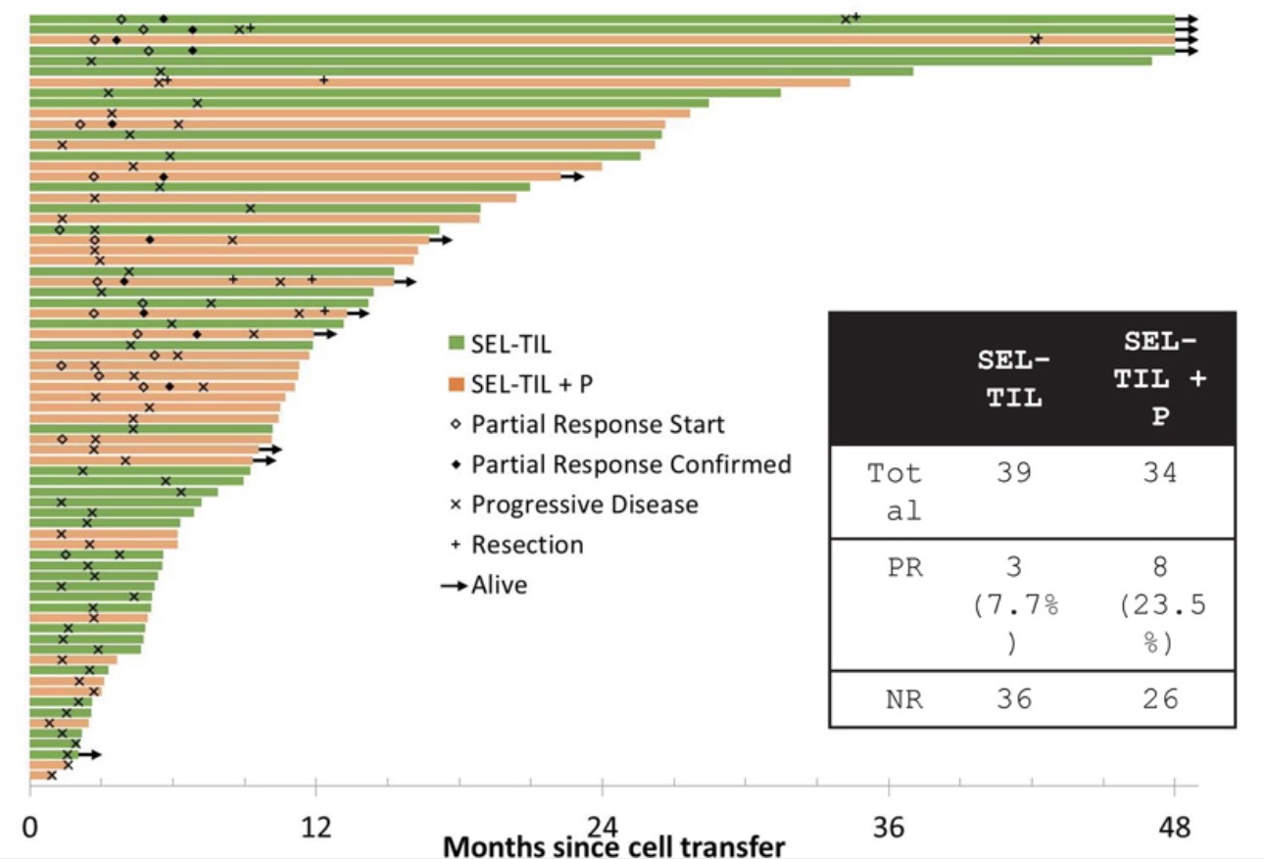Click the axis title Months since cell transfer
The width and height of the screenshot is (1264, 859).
(614, 846)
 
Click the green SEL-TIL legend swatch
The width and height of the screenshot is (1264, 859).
(455, 344)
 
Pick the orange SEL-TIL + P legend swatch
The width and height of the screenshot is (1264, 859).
(455, 384)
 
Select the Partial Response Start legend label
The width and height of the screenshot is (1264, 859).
(598, 425)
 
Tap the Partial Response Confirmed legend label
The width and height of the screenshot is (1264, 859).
(631, 464)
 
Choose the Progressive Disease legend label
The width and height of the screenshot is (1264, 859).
(585, 504)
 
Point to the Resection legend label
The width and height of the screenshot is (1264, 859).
(527, 545)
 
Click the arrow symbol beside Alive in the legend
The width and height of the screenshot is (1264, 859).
(453, 586)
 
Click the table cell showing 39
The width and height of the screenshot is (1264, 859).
(1014, 474)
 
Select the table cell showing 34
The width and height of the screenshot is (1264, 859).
(1159, 474)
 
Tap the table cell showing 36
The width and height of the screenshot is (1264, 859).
(1014, 699)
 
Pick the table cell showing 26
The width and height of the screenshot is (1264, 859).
(1159, 699)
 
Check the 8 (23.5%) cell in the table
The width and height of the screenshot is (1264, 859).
(1159, 605)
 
